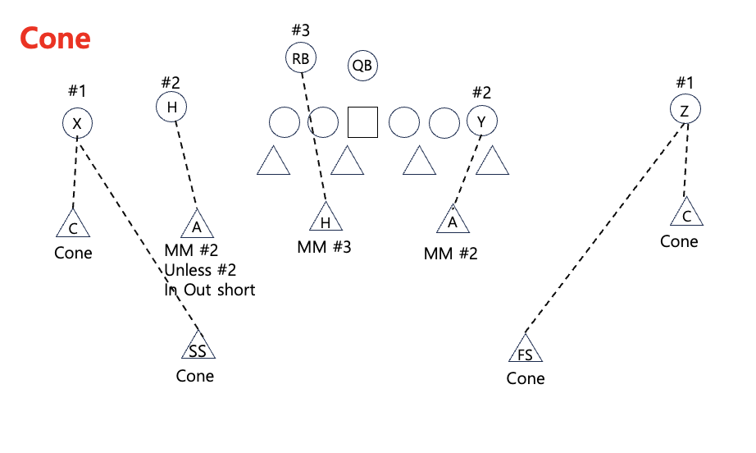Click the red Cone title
click(54, 39)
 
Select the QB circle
click(362, 66)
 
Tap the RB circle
click(301, 58)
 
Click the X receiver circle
click(77, 124)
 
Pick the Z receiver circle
click(685, 110)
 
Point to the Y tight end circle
click(482, 122)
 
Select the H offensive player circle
click(171, 107)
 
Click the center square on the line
click(362, 122)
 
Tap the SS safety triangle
click(198, 347)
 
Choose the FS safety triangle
click(526, 350)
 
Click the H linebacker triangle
click(326, 219)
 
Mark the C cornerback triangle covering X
click(73, 225)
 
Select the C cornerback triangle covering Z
click(687, 213)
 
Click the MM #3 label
click(324, 247)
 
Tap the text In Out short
click(210, 290)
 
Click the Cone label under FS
click(526, 378)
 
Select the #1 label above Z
click(685, 82)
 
